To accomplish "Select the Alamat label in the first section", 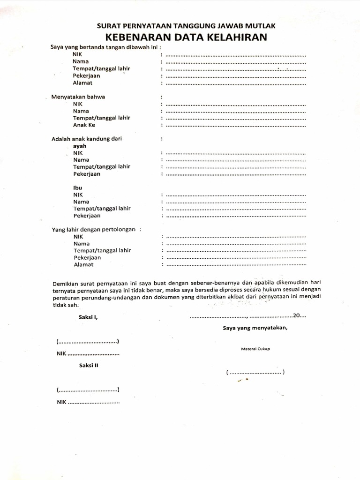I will pos(82,83).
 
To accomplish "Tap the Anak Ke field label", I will pos(84,125).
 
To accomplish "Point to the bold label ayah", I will pos(80,146).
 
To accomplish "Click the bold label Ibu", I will pos(78,187).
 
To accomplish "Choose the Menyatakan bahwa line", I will pos(78,97).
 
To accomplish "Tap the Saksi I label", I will pos(88,317).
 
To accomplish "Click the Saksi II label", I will pos(89,364).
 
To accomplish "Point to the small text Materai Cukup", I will pos(255,349).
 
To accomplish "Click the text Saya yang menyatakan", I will pos(255,328).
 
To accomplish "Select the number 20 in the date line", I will pos(297,315).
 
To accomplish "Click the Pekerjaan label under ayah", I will pos(87,174).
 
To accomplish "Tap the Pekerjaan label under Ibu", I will pos(87,216).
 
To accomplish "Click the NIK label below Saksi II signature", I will pos(62,402).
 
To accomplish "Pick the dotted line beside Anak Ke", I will pos(236,126).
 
